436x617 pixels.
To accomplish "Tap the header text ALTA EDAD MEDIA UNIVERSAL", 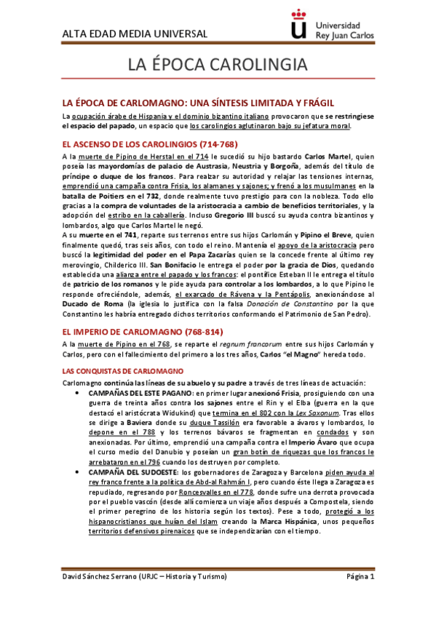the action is (135, 34).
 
